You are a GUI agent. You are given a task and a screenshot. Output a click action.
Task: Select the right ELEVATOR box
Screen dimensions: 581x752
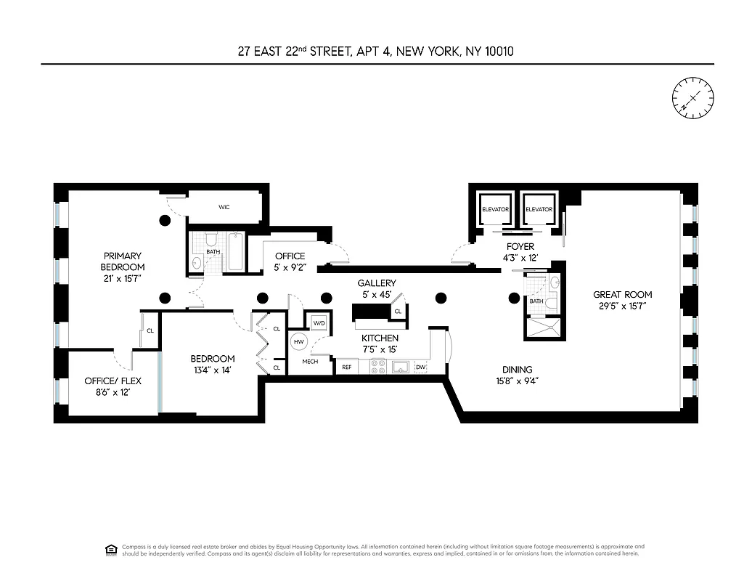[539, 209]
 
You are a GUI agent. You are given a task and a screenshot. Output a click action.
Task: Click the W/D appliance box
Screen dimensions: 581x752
[319, 322]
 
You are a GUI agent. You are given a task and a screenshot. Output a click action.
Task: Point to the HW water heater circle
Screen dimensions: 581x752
[298, 341]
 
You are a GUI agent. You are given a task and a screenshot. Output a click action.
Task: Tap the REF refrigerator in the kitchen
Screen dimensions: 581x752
[347, 367]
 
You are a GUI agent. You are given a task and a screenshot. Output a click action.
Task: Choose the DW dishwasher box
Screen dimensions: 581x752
[421, 367]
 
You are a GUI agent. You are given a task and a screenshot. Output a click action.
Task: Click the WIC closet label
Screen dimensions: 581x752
[224, 207]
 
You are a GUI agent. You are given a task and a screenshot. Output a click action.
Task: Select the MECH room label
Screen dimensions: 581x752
[310, 362]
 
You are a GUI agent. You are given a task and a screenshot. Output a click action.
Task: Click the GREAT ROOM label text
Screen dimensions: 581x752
[622, 294]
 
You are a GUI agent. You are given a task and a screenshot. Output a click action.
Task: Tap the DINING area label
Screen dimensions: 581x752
[516, 369]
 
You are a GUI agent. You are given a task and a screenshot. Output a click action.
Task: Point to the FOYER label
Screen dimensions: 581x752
[520, 246]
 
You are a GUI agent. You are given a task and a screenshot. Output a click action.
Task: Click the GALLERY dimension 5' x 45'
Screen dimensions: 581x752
[377, 294]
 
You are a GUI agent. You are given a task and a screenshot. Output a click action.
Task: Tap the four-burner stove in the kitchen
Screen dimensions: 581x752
[377, 367]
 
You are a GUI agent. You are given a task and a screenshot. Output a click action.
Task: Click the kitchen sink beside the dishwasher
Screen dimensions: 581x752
[401, 367]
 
